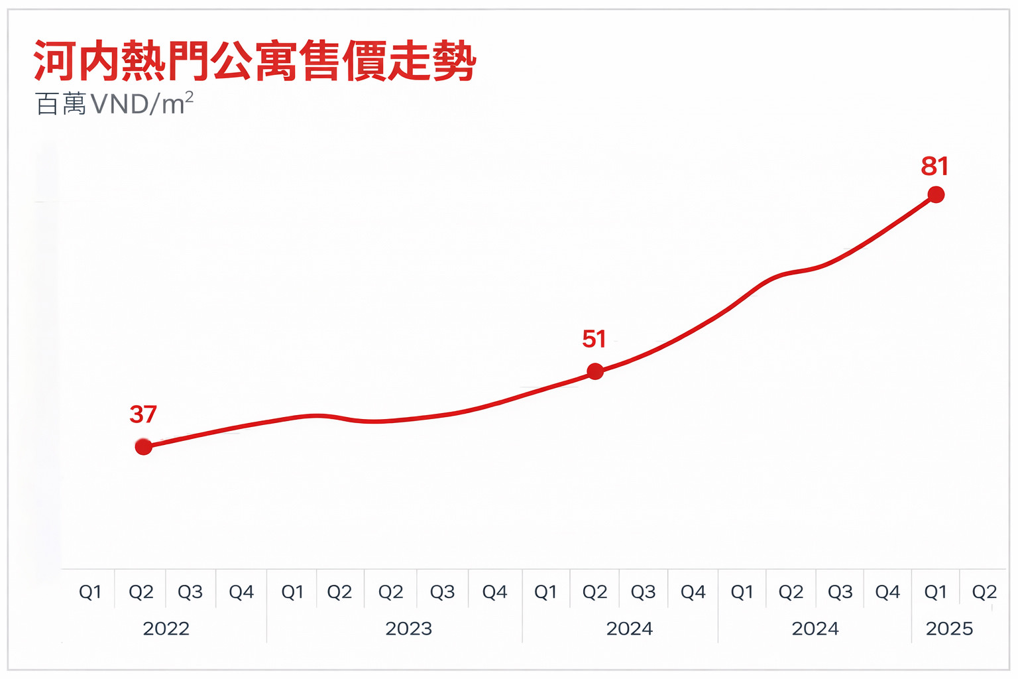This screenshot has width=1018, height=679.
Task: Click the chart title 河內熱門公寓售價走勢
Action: coord(254,61)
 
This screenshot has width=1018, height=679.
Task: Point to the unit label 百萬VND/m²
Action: coord(114,104)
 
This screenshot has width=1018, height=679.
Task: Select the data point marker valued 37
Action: coord(144,447)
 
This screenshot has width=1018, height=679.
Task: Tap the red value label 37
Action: coord(143,414)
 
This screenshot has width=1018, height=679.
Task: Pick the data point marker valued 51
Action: coord(595,371)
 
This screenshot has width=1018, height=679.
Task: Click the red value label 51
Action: coord(594,339)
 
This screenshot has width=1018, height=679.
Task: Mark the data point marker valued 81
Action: coord(936,194)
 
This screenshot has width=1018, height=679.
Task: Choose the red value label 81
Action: coord(934,166)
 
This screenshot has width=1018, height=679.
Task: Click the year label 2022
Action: coord(166,629)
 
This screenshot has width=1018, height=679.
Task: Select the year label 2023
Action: coord(408,629)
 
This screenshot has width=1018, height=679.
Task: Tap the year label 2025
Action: coord(949,629)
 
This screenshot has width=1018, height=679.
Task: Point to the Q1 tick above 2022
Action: coord(90,591)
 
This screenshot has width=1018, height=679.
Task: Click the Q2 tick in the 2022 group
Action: coord(141,591)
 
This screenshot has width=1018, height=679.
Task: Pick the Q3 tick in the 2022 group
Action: coord(190,591)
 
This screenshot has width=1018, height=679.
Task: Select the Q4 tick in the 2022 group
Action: coord(241,591)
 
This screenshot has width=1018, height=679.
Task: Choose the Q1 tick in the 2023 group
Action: coord(292,591)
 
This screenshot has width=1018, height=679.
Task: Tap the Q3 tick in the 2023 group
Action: coord(442,591)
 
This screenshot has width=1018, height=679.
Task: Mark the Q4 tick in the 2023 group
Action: coord(494,591)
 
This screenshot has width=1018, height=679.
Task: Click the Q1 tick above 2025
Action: coord(935,591)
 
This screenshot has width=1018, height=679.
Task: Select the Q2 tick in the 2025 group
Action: coord(984,591)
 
